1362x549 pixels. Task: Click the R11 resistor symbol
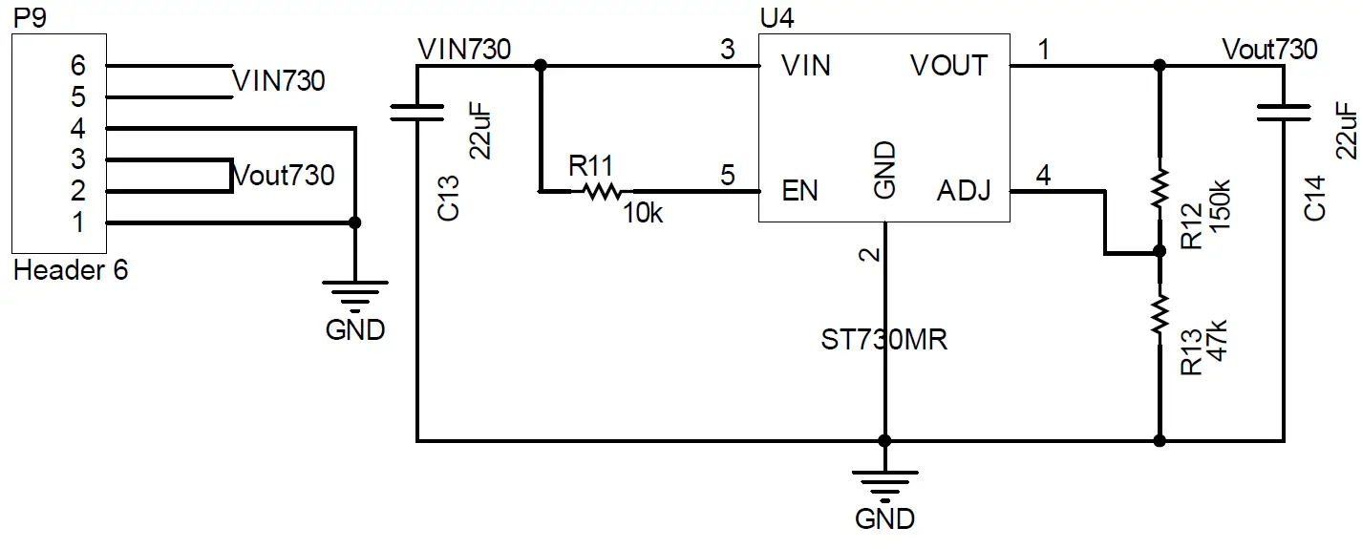click(602, 192)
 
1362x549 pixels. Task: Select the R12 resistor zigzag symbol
click(1160, 190)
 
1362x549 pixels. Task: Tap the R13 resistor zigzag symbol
click(1160, 314)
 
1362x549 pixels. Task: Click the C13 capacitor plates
click(417, 113)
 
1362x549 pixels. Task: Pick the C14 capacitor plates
click(1283, 113)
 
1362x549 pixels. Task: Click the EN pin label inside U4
click(799, 191)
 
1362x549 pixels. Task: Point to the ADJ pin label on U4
click(963, 191)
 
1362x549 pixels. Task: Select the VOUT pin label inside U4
click(948, 66)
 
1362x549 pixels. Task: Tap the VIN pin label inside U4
click(805, 66)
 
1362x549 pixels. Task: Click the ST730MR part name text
click(883, 340)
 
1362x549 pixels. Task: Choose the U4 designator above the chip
click(776, 18)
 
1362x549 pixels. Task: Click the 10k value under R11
click(643, 215)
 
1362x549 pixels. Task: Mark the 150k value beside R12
click(1219, 201)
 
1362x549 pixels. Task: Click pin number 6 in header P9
click(78, 66)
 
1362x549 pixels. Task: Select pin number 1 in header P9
click(78, 222)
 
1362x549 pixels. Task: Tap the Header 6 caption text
click(71, 270)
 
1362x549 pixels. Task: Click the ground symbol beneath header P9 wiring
click(355, 296)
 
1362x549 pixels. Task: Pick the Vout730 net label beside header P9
click(284, 176)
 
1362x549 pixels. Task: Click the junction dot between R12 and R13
click(1160, 252)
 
